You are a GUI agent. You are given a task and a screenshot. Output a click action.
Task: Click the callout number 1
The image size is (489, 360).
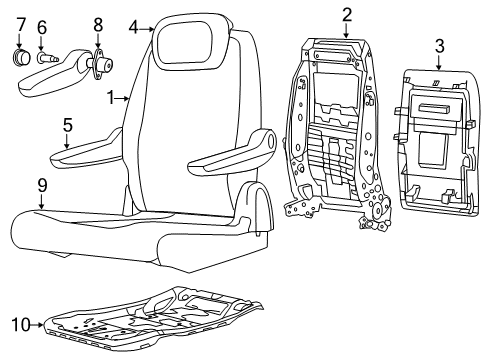click(x=113, y=98)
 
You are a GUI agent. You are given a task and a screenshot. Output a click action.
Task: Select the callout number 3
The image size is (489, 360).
click(x=439, y=45)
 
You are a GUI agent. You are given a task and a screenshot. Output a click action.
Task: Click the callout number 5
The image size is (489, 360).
click(x=67, y=126)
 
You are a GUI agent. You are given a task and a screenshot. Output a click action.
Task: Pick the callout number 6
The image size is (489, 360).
click(x=41, y=27)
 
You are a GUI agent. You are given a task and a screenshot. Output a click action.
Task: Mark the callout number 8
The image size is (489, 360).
click(x=97, y=24)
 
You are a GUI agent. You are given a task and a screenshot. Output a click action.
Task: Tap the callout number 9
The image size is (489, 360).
click(x=42, y=184)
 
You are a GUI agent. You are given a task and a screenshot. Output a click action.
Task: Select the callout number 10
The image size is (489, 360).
click(x=18, y=322)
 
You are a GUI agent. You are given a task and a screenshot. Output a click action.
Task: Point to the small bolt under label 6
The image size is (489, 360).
click(x=45, y=58)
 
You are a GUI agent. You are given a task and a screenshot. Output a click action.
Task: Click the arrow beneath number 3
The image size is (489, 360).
click(x=439, y=63)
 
